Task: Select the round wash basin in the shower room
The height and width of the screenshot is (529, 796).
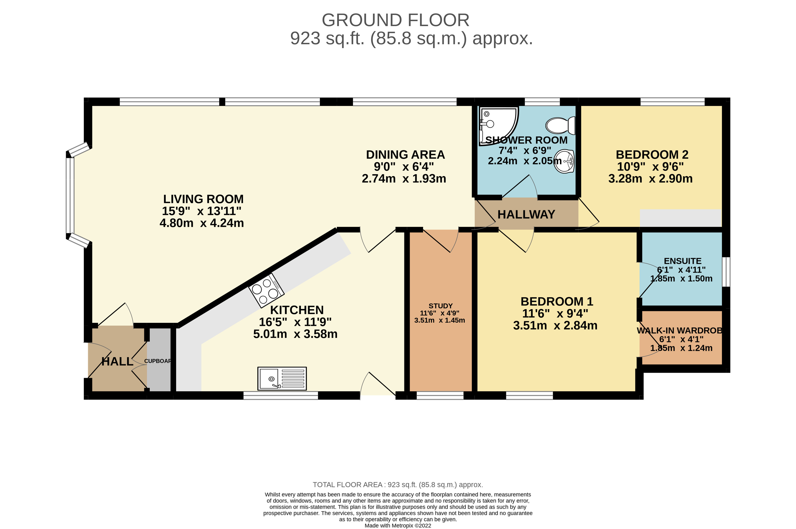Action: click(x=565, y=161)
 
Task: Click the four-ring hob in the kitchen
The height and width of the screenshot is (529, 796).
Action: click(x=266, y=290)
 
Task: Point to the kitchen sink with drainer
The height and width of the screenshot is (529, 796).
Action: click(x=282, y=378)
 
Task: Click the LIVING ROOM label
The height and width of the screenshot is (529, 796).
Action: click(x=203, y=199)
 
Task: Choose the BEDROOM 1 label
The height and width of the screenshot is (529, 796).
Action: click(x=557, y=301)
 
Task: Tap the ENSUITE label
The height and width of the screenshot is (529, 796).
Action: click(x=683, y=261)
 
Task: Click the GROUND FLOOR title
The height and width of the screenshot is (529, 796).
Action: click(x=395, y=20)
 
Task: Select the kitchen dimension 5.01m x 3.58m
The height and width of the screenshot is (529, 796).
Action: click(x=295, y=334)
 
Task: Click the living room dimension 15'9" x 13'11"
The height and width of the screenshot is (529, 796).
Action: click(x=202, y=211)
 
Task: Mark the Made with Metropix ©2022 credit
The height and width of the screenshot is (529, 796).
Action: click(x=398, y=525)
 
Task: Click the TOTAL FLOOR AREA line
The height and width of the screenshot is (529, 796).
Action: click(x=398, y=485)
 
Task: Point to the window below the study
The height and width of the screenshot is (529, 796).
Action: click(x=440, y=395)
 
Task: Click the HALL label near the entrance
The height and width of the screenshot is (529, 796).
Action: click(x=118, y=361)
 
